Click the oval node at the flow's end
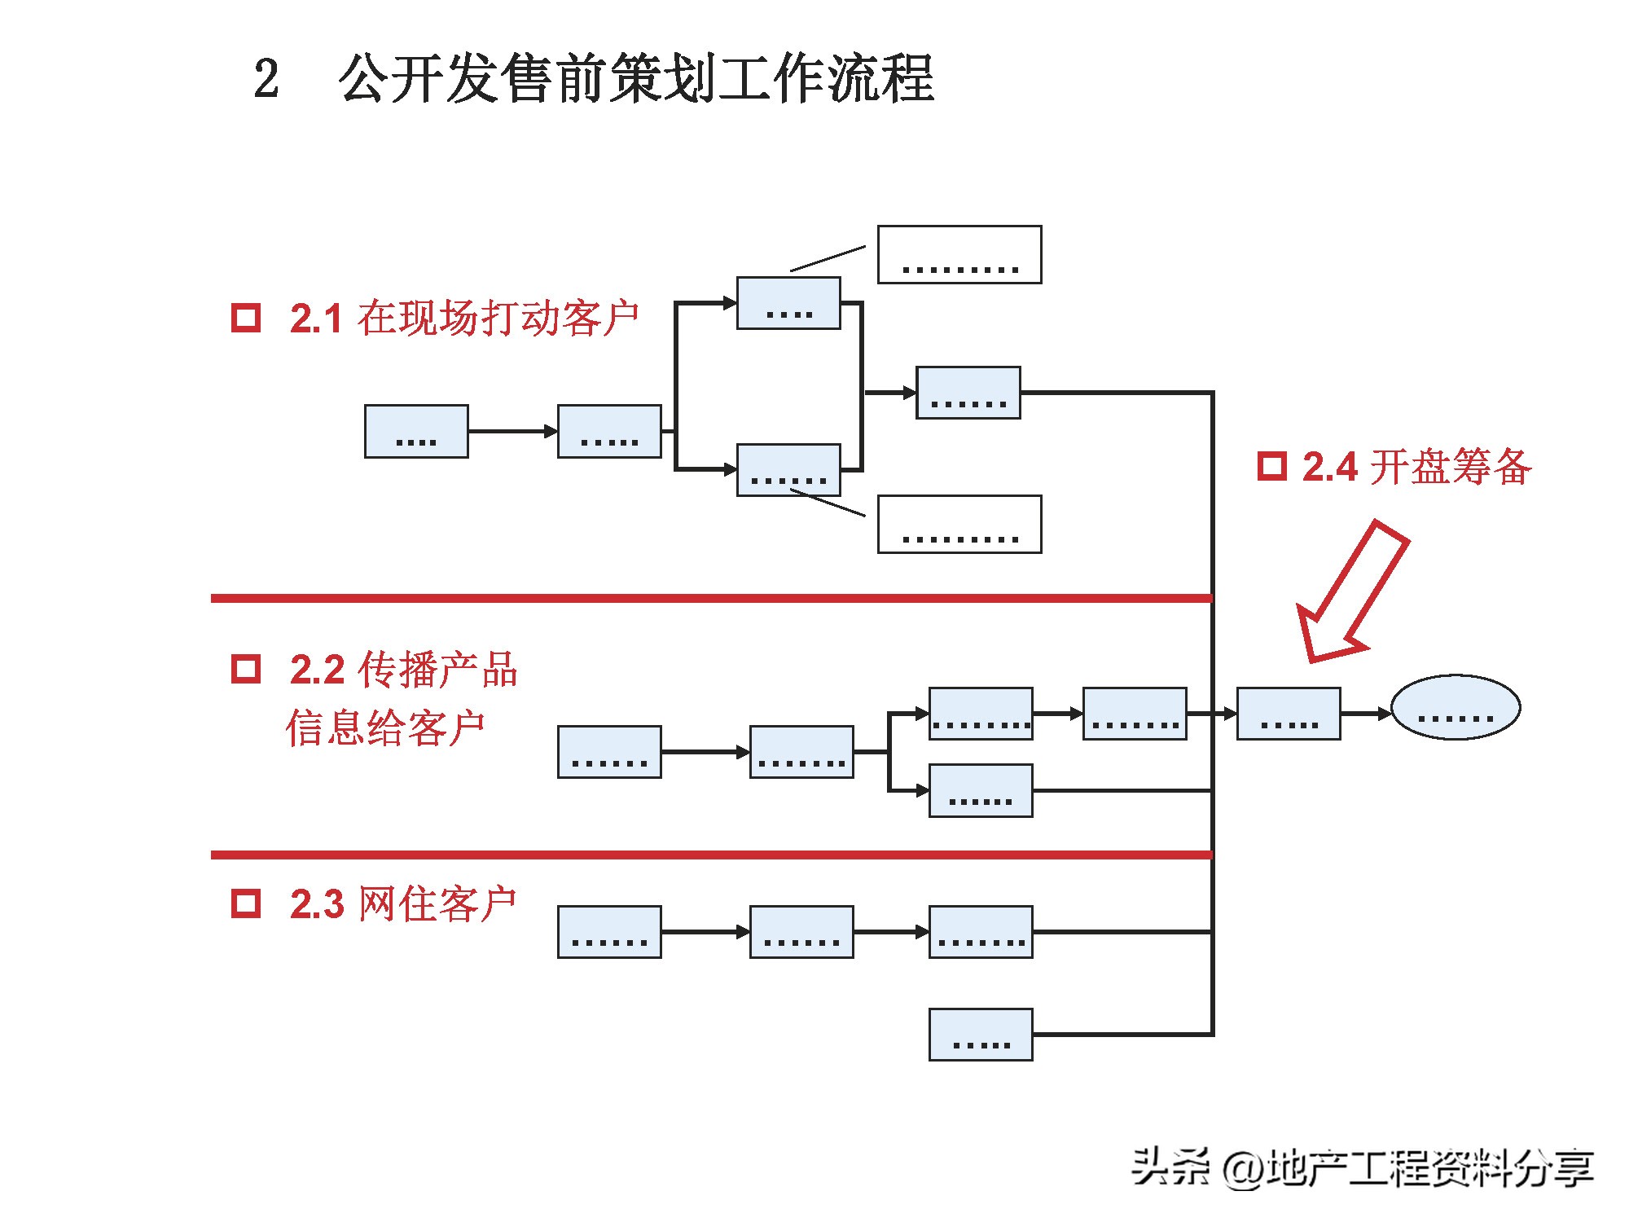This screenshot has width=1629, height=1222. [1455, 707]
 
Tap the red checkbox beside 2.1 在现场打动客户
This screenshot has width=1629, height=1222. [246, 318]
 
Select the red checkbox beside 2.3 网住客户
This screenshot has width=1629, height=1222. [246, 903]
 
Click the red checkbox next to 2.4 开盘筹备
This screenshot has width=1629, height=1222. [1271, 466]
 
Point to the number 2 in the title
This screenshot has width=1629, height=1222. [266, 80]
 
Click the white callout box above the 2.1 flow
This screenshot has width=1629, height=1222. [959, 255]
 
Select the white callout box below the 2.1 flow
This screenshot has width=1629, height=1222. [959, 524]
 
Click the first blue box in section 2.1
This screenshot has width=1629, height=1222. [416, 431]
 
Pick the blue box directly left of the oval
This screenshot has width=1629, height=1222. [1288, 714]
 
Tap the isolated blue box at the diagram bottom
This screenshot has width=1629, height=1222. [981, 1034]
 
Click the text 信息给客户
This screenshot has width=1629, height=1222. [384, 727]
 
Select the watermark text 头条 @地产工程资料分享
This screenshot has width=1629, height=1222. [1361, 1168]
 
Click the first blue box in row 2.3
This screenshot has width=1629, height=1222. [609, 931]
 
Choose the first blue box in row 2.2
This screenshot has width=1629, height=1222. [609, 751]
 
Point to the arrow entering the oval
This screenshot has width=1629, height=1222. [1366, 714]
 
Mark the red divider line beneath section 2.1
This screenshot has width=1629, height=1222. [710, 598]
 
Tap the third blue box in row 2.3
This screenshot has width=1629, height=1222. [981, 931]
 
